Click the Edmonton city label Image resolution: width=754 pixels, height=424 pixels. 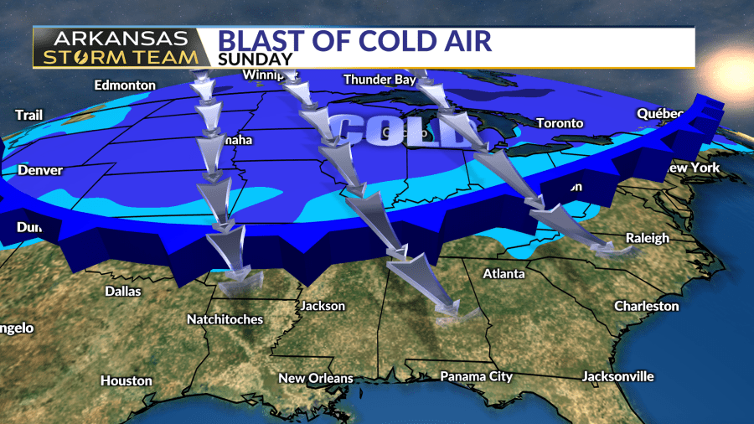125,85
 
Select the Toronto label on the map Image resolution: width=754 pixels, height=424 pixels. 560,123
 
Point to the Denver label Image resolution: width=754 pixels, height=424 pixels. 40,170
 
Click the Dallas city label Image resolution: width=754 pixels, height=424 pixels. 122,292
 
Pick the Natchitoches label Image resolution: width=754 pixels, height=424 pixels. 225,319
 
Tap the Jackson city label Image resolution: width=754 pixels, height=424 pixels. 323,306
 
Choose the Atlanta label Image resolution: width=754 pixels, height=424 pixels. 504,273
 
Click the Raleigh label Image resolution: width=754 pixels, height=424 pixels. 649,238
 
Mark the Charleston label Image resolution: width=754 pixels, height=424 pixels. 646,306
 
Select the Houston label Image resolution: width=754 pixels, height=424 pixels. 127,380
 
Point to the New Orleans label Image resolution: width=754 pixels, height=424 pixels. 316,378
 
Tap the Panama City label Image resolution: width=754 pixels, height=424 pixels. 476,376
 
